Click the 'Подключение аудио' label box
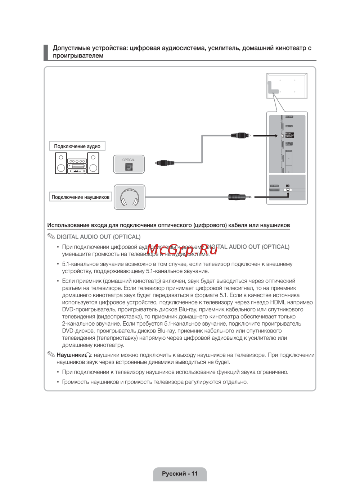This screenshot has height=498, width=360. click(77, 146)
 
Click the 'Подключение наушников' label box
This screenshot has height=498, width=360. click(80, 197)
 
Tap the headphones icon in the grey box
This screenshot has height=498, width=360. click(130, 197)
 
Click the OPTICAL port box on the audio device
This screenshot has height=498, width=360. click(129, 164)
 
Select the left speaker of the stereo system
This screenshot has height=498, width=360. click(61, 163)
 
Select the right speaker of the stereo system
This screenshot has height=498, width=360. click(93, 163)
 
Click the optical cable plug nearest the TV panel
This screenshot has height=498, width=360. click(240, 136)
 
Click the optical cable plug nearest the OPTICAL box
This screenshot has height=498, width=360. click(165, 163)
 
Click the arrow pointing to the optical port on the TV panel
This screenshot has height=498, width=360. click(265, 136)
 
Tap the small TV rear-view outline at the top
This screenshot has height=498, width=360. click(287, 86)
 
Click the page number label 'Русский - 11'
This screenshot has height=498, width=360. click(180, 474)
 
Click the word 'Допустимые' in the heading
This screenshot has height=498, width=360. click(71, 48)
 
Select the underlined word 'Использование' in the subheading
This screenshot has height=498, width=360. click(68, 225)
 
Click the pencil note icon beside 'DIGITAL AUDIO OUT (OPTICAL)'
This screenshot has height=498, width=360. click(51, 236)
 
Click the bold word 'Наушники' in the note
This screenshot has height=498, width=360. click(71, 355)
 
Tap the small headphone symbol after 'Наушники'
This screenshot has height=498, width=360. click(88, 355)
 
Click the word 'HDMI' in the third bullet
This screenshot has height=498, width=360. click(277, 302)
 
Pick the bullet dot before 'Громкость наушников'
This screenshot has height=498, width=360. click(58, 382)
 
